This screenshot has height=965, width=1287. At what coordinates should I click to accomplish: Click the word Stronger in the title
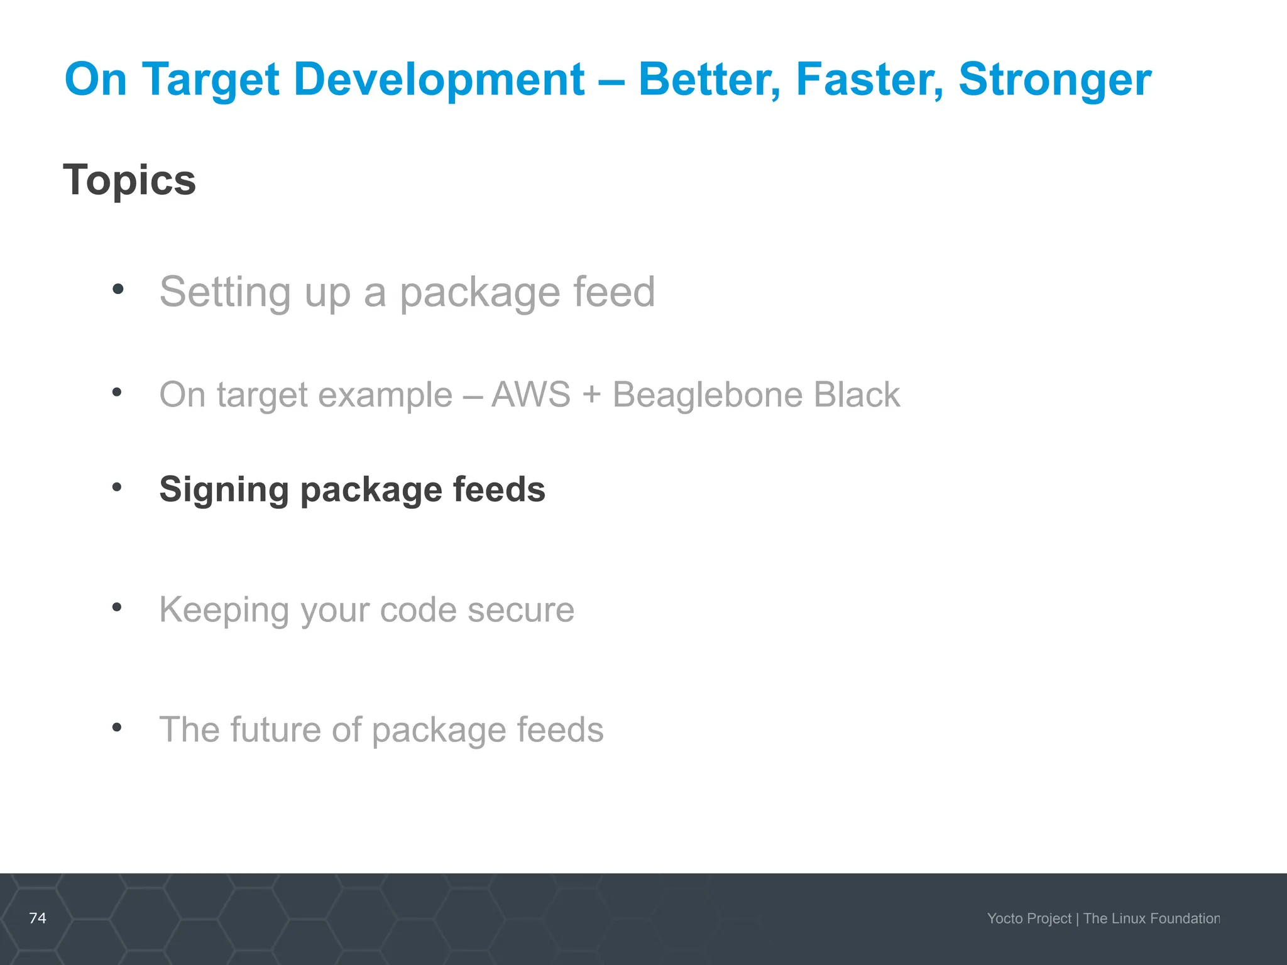coord(1054,80)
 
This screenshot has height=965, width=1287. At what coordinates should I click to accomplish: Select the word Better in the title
coord(709,80)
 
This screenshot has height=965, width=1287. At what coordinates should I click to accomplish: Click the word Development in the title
coord(439,80)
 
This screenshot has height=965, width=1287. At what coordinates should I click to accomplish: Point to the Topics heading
coord(129,180)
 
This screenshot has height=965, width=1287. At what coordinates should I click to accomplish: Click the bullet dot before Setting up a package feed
coord(118,290)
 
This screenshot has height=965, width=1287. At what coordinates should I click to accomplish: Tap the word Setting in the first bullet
coord(225,293)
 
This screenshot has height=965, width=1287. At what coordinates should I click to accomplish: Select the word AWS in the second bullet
coord(531,395)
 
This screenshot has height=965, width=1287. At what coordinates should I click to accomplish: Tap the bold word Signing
coord(224,490)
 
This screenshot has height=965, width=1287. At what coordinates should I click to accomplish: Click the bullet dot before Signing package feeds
coord(117,487)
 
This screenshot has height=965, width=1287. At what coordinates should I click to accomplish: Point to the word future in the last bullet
coord(275,730)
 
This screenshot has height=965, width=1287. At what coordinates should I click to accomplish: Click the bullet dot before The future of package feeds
coord(117,728)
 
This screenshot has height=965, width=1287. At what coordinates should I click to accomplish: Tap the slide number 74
coord(38,918)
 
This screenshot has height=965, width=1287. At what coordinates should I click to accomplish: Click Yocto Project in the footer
coord(1029,919)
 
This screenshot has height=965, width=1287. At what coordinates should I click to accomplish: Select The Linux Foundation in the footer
coord(1151,919)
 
